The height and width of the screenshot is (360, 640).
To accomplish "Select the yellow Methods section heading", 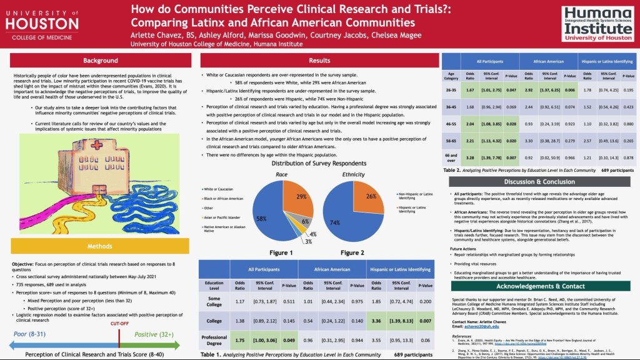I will [x=100, y=247].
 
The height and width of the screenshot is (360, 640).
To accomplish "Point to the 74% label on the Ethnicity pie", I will [x=336, y=222].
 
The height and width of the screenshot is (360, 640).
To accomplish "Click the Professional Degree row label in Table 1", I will [x=214, y=340].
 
